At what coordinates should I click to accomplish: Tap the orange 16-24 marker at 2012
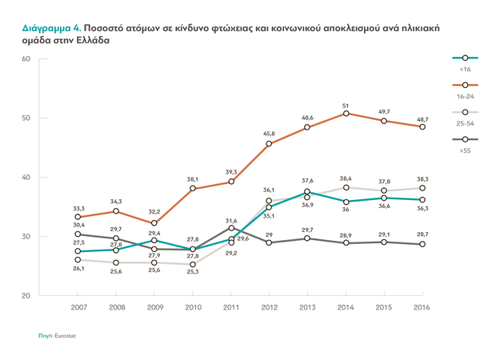pos(269,144)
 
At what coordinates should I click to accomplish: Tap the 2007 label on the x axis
pos(78,306)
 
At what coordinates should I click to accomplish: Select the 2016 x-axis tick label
pos(422,306)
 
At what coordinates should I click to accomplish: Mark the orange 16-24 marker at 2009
pos(154,223)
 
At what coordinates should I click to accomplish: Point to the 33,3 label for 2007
pos(78,208)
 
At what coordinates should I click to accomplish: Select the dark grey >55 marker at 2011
pos(231,228)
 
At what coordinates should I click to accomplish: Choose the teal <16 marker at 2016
pos(422,199)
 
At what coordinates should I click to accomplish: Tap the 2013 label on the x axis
pos(307,306)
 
